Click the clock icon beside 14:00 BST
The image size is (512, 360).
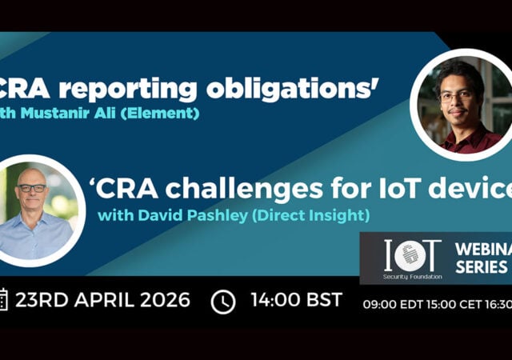224,302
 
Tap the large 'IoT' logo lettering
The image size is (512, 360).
413,254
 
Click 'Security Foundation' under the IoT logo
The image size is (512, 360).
411,274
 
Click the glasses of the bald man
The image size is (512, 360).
33,188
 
